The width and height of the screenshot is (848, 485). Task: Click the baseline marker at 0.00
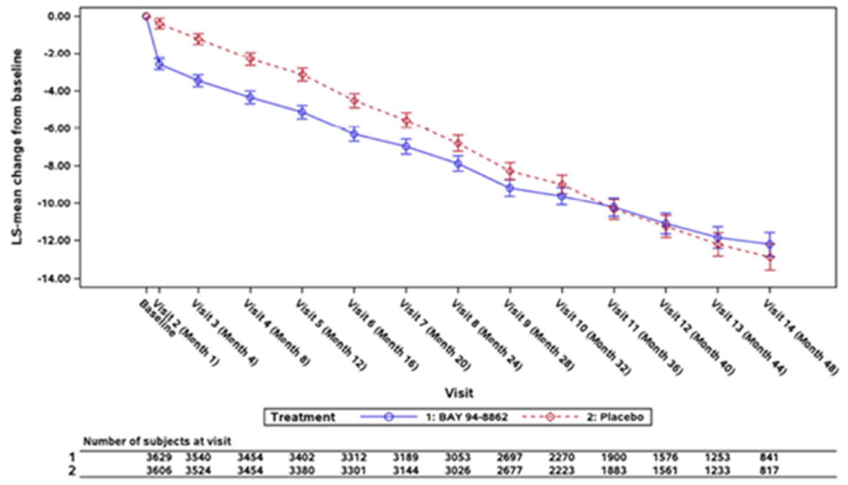146,16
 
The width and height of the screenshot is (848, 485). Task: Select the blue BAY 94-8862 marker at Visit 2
159,64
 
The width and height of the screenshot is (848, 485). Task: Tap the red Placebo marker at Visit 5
303,75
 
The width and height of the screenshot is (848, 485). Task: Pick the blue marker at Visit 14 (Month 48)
769,244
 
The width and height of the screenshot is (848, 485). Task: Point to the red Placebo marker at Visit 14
769,257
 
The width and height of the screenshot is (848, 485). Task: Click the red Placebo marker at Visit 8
458,143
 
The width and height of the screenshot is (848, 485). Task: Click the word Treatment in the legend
302,417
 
